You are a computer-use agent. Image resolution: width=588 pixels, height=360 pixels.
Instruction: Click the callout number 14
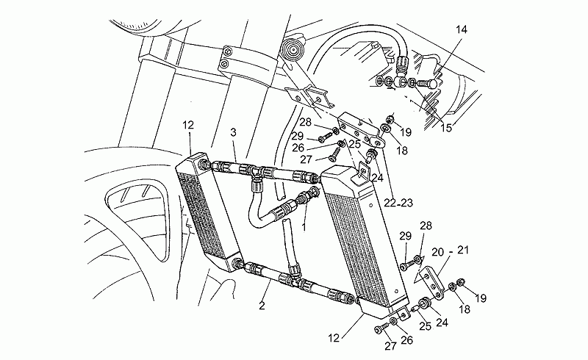pos(462,29)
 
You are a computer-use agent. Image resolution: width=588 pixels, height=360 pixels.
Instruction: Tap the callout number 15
pos(446,129)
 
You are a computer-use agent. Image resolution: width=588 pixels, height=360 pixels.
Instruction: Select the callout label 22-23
pos(398,203)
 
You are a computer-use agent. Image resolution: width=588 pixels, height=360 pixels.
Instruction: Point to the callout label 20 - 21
pos(450,251)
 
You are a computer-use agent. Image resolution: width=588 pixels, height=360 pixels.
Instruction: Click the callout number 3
pos(233,132)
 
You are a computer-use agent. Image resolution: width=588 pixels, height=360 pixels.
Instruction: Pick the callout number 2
pos(262,306)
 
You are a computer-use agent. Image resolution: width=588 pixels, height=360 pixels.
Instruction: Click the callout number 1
pos(304,227)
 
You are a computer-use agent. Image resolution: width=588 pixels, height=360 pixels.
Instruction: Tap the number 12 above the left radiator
pos(188,125)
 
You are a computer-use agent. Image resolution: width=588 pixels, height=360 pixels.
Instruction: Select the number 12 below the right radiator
pos(334,338)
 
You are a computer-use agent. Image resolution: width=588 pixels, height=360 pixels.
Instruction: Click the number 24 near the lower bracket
pos(442,322)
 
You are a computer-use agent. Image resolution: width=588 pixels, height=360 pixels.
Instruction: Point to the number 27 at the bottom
pos(390,346)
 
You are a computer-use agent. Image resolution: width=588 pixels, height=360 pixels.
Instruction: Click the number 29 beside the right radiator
pos(406,237)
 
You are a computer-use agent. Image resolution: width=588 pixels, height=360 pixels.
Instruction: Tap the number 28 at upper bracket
pos(305,122)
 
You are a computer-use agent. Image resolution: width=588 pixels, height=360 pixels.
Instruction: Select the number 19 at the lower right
pos(481,298)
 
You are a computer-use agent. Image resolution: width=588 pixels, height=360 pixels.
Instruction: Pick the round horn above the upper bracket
pos(293,48)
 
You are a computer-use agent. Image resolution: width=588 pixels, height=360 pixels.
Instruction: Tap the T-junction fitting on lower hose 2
pos(295,278)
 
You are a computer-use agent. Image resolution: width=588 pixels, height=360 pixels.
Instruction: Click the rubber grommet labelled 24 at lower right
pos(426,303)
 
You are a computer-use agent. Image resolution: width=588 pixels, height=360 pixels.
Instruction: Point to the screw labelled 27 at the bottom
pos(381,328)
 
